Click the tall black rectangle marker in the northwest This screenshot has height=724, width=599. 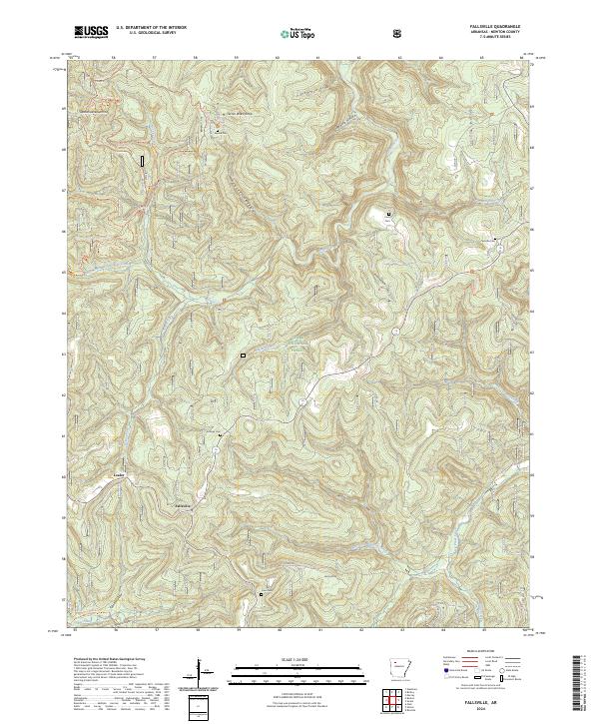(142, 160)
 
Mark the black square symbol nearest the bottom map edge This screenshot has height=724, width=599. (262, 593)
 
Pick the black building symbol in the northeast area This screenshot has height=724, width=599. (388, 214)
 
